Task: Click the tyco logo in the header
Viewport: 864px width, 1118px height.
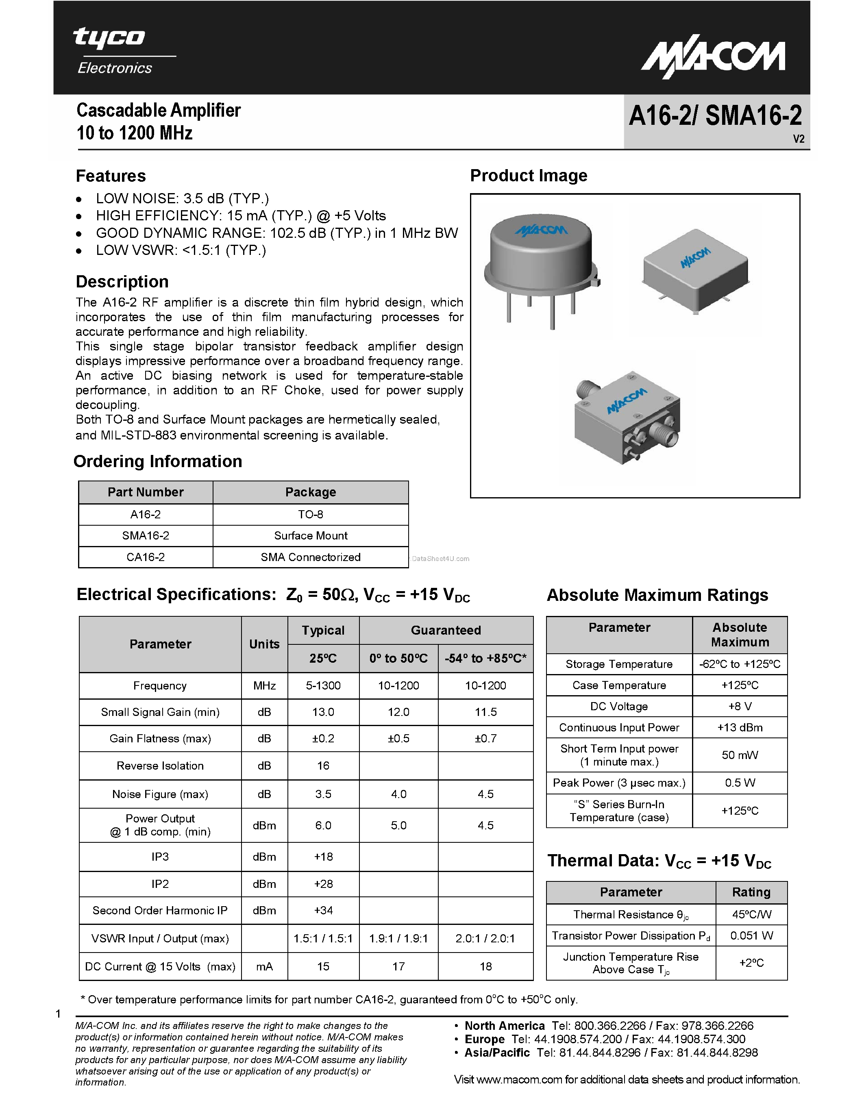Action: (x=109, y=38)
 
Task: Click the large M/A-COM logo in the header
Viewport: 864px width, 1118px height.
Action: (x=713, y=59)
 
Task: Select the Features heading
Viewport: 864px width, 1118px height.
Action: (x=111, y=176)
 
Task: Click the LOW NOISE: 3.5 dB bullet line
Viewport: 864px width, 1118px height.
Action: (x=182, y=199)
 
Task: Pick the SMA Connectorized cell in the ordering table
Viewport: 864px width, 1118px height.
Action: (x=310, y=557)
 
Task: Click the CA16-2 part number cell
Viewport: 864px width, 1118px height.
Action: (x=146, y=557)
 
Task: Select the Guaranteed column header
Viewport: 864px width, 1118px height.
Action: (x=445, y=630)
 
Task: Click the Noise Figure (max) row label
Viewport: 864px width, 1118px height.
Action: (x=160, y=794)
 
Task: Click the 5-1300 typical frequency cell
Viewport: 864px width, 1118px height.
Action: (x=323, y=685)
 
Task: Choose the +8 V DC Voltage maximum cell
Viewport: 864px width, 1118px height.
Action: (x=739, y=707)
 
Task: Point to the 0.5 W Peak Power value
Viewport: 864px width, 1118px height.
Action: (x=739, y=783)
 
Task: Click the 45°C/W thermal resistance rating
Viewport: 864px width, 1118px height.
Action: (x=751, y=914)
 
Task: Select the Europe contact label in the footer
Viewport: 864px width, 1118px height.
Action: (x=484, y=1039)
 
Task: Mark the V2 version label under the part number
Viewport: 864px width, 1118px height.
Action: (x=798, y=139)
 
